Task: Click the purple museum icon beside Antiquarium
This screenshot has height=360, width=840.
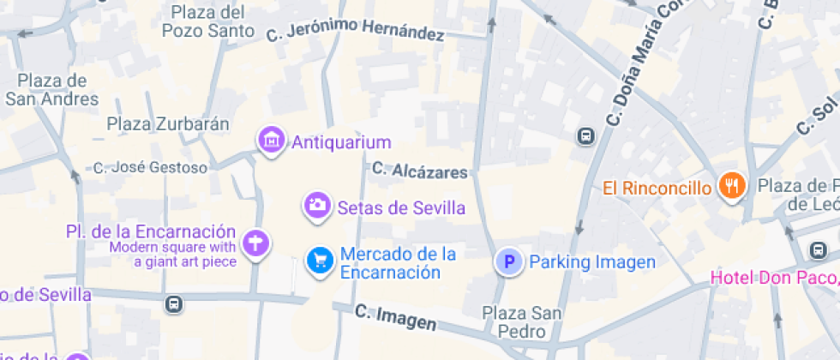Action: [272, 140]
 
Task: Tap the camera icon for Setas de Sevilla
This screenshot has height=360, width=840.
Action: [317, 206]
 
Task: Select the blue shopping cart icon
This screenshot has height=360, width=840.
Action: [321, 261]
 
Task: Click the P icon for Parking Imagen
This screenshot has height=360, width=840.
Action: [510, 261]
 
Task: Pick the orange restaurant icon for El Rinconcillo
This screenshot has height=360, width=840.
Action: [732, 185]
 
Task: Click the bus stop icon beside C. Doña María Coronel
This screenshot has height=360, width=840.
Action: [586, 136]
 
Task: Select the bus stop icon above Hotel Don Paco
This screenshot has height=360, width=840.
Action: [818, 250]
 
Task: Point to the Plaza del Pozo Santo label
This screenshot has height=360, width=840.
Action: [213, 22]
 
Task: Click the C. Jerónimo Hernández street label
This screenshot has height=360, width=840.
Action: [355, 31]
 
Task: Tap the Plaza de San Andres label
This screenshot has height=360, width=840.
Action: [52, 90]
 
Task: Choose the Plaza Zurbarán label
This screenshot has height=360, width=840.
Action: [168, 124]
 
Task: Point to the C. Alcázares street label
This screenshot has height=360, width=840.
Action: [420, 171]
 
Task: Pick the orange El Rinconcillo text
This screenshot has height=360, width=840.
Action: [657, 188]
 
